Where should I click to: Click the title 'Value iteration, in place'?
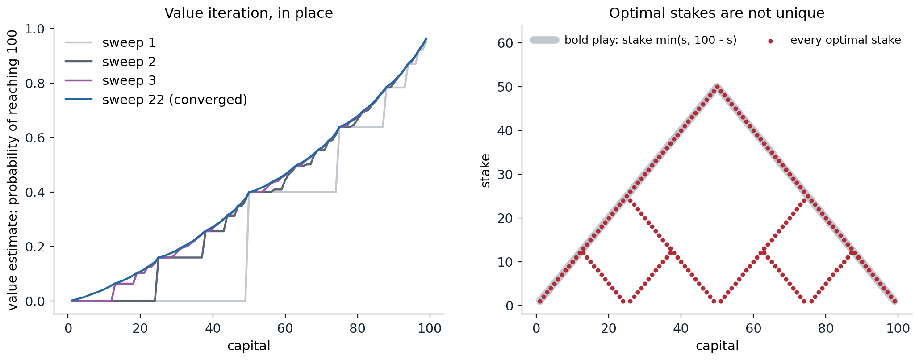pos(249,13)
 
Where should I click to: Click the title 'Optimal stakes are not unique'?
pos(717,13)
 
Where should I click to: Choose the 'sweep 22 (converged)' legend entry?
pos(156,100)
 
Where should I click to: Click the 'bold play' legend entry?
pos(633,40)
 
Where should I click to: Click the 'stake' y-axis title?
pos(485,170)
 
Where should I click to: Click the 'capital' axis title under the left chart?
pos(249,346)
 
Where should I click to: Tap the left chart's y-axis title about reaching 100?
pos(13,170)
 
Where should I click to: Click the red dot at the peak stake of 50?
pos(717,87)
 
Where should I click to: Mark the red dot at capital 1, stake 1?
pos(540,301)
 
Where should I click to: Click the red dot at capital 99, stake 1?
pos(894,301)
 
